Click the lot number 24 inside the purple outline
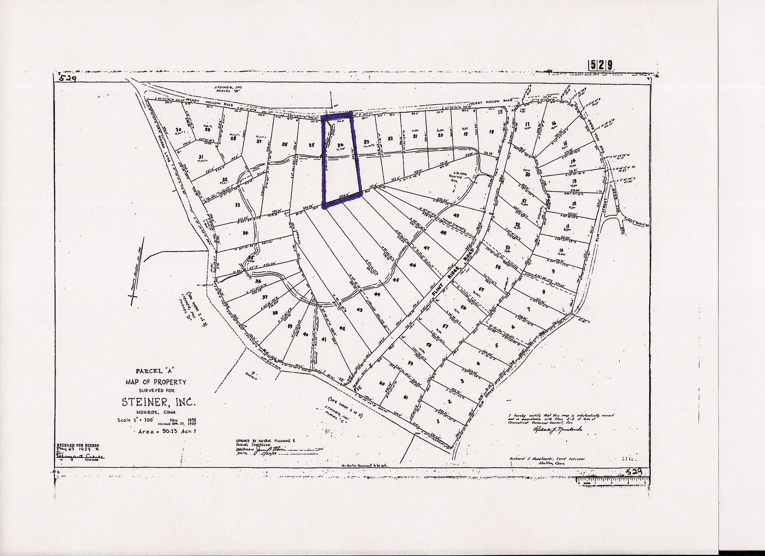(x=340, y=144)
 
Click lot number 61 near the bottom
(x=405, y=397)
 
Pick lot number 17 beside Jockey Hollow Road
(x=527, y=125)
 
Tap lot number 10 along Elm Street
(x=561, y=251)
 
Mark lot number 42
(x=342, y=328)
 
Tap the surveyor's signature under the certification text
(x=557, y=430)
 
